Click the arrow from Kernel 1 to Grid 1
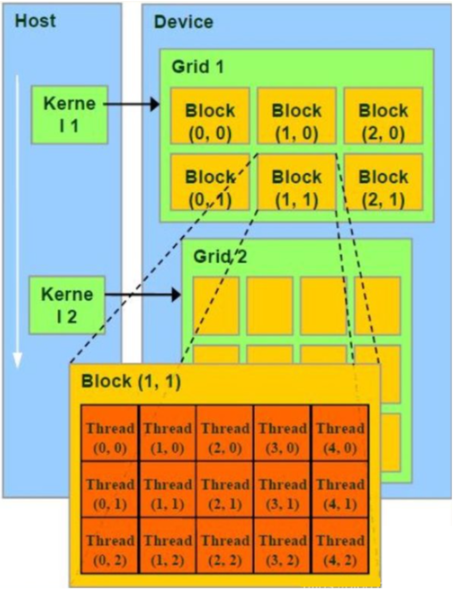[x=132, y=104]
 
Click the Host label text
[x=36, y=21]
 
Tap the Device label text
[x=183, y=22]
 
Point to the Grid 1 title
[x=198, y=66]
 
